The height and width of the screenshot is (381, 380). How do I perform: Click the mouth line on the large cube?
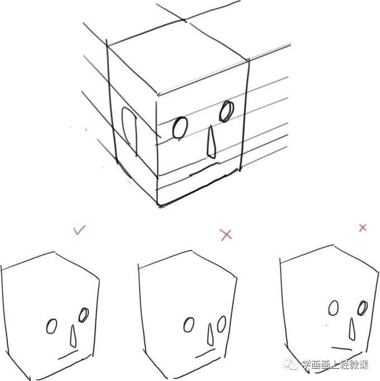[x=204, y=169]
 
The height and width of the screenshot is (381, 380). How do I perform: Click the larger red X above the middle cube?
[x=226, y=235]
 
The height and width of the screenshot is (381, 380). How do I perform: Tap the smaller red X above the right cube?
[x=363, y=228]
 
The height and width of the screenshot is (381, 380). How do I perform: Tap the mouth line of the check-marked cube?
[x=68, y=354]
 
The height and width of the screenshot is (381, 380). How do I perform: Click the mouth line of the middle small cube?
[x=205, y=353]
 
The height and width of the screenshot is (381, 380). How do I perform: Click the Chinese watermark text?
[x=335, y=364]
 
